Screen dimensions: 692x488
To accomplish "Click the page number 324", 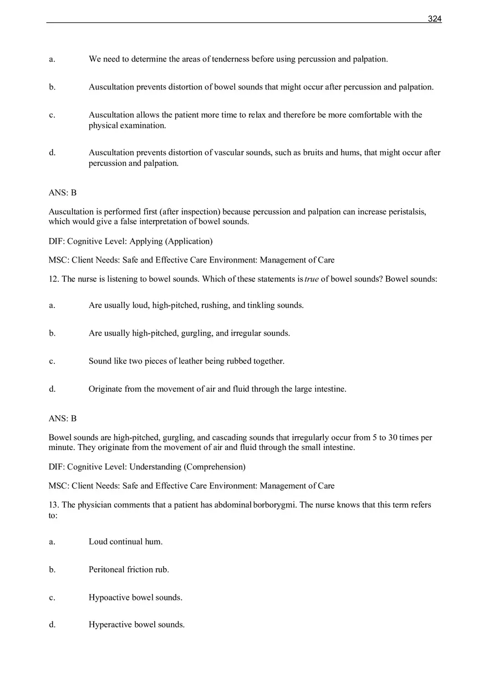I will pos(434,19).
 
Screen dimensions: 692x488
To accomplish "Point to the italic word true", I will pos(312,279).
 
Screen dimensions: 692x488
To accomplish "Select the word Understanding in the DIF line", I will pos(155,467).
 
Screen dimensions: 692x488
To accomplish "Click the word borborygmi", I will pos(274,505).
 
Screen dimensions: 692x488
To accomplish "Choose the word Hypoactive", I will pos(109,598).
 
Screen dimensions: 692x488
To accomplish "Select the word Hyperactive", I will pos(110,625).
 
